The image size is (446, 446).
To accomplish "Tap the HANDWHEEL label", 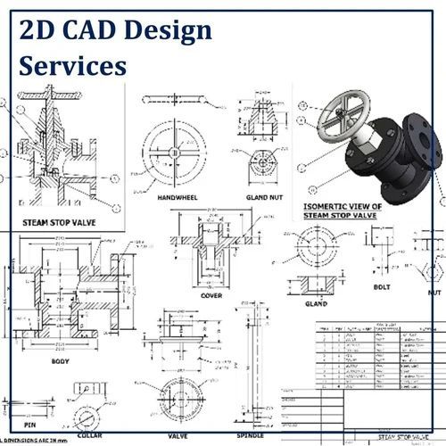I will click(x=178, y=197).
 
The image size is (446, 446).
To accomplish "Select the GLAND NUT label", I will click(x=264, y=197).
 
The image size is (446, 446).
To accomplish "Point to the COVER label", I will click(x=211, y=295).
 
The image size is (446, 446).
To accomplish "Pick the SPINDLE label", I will click(x=249, y=435).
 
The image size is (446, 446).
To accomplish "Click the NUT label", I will click(x=434, y=292).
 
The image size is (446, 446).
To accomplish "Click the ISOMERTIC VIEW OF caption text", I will click(x=343, y=206).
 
